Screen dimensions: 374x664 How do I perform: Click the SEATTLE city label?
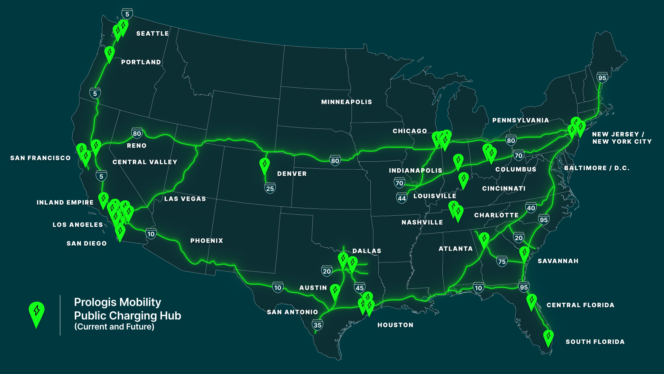click(153, 34)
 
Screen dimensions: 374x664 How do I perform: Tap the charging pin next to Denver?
click(265, 165)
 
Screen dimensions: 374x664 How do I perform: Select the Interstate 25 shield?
click(270, 188)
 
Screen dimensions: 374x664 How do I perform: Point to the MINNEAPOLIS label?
click(347, 102)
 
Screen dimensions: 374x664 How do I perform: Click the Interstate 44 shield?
click(402, 198)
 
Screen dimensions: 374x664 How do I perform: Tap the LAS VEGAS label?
click(185, 199)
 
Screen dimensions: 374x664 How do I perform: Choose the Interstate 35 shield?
click(317, 325)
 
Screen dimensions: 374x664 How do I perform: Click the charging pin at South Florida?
click(548, 337)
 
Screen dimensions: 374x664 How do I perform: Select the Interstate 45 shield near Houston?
click(360, 287)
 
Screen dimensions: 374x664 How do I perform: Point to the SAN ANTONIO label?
click(292, 312)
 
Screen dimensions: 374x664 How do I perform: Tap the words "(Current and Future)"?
click(114, 327)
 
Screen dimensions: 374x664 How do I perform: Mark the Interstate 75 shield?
click(502, 261)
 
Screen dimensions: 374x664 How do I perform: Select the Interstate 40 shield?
click(531, 208)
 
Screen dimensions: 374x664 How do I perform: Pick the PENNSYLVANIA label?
click(520, 120)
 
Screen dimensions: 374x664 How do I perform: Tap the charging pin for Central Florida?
click(532, 301)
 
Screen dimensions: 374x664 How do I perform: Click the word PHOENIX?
click(206, 241)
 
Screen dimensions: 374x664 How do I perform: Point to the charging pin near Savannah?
click(524, 253)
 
